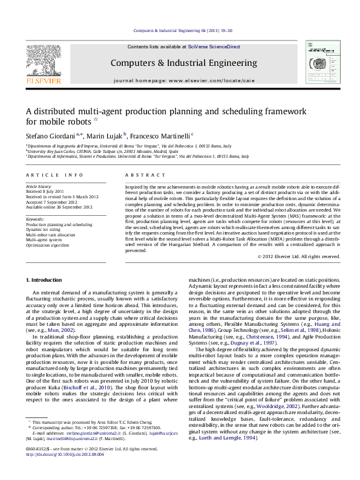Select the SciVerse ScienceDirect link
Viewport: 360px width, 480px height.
point(214,47)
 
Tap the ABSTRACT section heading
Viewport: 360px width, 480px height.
point(139,174)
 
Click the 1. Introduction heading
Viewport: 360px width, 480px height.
point(47,281)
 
